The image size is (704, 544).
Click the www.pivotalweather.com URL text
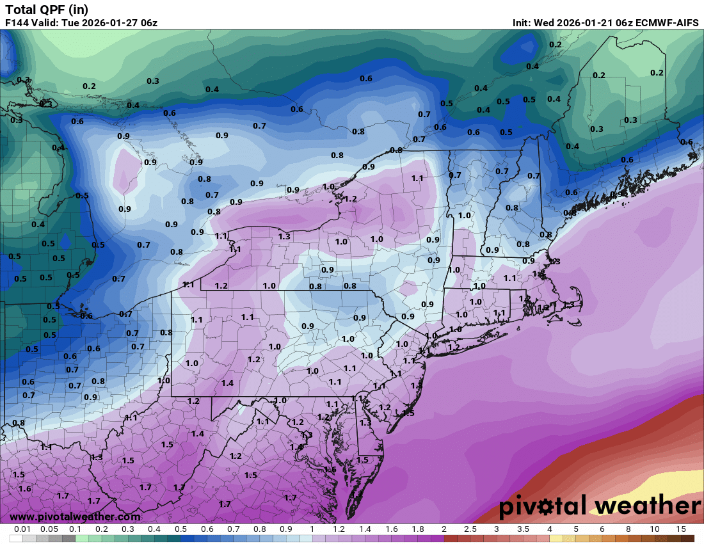click(x=75, y=516)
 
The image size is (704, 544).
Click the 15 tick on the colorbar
click(x=680, y=529)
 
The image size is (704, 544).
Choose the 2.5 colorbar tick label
click(x=470, y=529)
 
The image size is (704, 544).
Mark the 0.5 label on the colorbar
click(x=180, y=529)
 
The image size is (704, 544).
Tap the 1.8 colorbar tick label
click(x=417, y=529)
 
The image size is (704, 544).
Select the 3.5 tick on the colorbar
click(x=523, y=529)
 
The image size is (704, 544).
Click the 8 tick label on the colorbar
click(x=628, y=529)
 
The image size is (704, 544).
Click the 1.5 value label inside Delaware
click(x=362, y=460)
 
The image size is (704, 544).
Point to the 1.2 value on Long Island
click(x=454, y=347)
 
